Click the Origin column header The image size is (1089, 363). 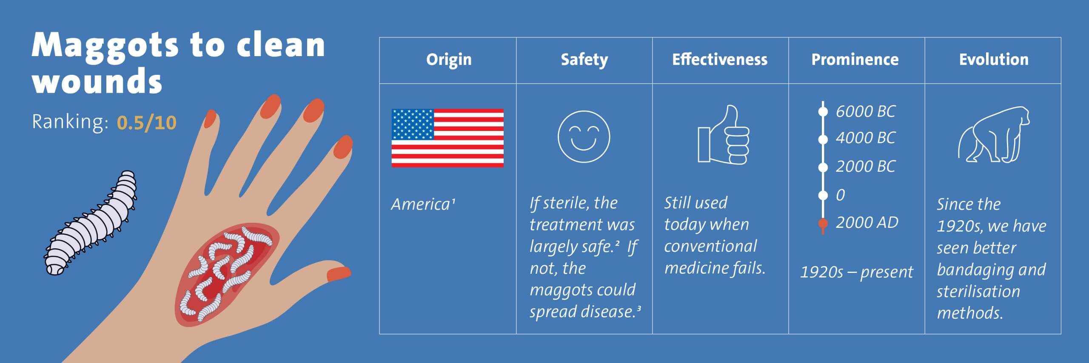(x=449, y=60)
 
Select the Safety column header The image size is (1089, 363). (x=584, y=60)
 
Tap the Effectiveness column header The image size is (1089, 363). (x=720, y=60)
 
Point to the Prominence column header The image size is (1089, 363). (x=855, y=60)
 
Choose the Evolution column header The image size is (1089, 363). (x=994, y=60)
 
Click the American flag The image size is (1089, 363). (x=448, y=138)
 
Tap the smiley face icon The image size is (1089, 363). (x=584, y=137)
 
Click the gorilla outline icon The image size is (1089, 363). (x=994, y=134)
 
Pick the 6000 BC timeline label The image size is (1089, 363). (x=865, y=111)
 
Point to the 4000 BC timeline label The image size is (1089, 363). (x=865, y=138)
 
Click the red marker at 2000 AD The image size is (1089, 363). (x=823, y=224)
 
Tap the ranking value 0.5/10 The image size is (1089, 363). (x=146, y=123)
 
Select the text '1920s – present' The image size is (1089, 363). (x=856, y=272)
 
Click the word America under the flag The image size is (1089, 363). (x=420, y=205)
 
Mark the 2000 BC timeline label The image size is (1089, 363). (x=865, y=166)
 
